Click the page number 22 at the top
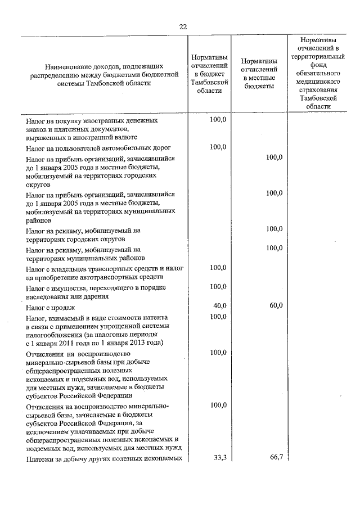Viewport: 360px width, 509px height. point(183,26)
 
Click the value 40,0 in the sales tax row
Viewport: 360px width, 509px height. point(219,306)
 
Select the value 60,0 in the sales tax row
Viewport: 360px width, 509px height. point(274,306)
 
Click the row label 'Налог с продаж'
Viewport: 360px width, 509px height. point(52,308)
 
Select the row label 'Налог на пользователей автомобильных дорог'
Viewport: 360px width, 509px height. point(98,148)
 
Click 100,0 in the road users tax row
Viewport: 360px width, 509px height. point(218,147)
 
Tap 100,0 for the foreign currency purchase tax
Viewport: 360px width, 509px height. point(218,120)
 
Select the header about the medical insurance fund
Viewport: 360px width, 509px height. point(318,73)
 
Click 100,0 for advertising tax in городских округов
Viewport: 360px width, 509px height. point(274,229)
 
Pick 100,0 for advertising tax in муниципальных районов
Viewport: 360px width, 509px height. point(274,248)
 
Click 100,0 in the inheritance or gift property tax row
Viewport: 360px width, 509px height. point(218,287)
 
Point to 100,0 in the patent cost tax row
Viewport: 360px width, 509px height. point(218,317)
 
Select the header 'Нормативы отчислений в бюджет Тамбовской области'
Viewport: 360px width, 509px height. point(209,74)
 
